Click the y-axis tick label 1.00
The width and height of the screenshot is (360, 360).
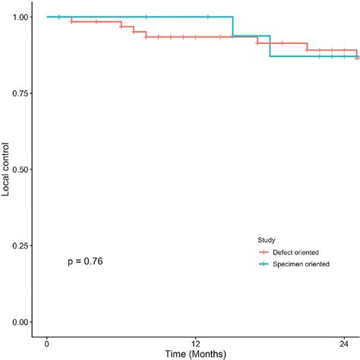(x=22, y=17)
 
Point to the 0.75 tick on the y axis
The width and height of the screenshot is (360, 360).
(x=22, y=93)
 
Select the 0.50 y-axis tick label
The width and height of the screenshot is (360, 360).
(x=22, y=169)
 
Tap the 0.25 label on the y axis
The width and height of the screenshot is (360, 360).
(x=22, y=245)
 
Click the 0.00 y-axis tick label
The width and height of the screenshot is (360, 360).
(x=22, y=322)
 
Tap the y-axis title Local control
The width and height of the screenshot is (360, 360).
(x=7, y=169)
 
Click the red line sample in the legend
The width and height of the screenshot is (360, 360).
(x=265, y=251)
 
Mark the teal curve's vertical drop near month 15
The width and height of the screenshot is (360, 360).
(x=233, y=27)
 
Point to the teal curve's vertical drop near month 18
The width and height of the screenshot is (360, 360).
(x=270, y=46)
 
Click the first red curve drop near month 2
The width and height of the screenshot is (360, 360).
(x=71, y=19)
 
